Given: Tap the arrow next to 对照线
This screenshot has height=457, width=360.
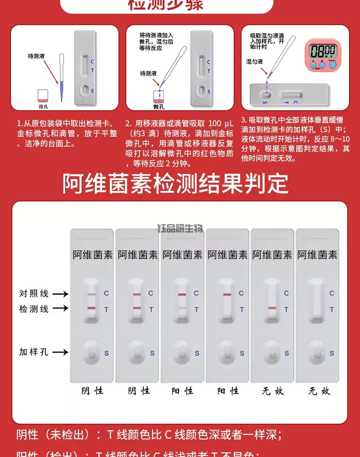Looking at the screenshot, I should point(60,294).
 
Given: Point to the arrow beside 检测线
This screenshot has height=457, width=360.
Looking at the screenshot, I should point(60,308).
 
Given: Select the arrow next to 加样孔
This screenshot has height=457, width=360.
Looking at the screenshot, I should point(60,352).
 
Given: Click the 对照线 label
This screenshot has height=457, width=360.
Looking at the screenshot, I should point(34,294).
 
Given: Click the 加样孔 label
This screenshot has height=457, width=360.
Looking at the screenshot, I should point(34,352).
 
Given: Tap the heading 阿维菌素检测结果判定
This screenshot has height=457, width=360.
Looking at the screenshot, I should point(175,184).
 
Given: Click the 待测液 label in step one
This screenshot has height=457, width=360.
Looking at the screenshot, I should point(36,56).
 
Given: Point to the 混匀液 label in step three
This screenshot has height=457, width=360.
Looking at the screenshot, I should point(254,62).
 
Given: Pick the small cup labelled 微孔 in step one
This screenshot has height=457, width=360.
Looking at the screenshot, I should point(43,96).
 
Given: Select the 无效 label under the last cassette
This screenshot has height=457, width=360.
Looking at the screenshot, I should point(319,390).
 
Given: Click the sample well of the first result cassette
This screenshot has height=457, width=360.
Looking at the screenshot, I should point(92,353).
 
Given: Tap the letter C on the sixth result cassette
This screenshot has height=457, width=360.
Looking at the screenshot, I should point(332,293).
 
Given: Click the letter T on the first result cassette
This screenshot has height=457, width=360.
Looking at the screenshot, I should point(106,309).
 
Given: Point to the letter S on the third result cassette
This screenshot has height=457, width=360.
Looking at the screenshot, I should point(197,353).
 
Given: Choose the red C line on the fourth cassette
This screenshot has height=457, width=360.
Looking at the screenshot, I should point(227,294).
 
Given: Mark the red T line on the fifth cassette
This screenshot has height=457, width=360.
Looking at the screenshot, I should point(273,308).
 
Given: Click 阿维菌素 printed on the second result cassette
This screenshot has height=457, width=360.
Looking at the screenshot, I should point(138,255).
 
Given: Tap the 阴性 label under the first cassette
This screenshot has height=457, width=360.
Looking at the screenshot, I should point(93,390).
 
